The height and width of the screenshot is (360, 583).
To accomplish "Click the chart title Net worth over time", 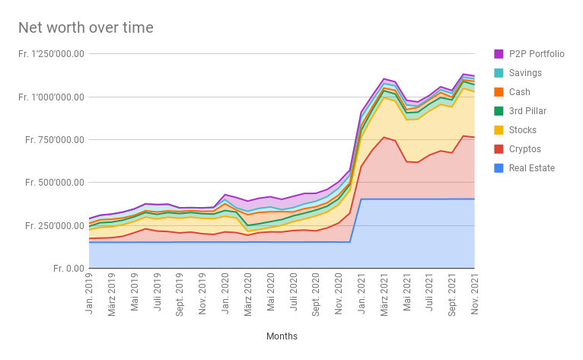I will tap(86, 28).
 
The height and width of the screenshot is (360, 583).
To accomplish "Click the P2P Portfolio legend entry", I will tap(537, 54).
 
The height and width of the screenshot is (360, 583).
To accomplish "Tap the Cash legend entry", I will tap(521, 92).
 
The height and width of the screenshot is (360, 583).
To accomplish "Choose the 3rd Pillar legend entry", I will tap(528, 111).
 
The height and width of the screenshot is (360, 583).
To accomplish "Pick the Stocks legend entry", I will tap(524, 130).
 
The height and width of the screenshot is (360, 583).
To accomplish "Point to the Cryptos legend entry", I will tap(525, 149).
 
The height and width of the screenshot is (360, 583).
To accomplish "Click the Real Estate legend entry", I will tap(531, 168).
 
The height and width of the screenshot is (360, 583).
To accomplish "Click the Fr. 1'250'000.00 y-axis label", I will tap(51, 54).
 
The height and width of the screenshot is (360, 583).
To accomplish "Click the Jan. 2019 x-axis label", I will tap(90, 293).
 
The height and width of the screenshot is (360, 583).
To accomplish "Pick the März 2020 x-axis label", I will tap(248, 295).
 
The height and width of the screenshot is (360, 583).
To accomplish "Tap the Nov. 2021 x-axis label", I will tap(474, 293).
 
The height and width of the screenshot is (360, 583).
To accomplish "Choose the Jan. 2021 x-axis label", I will tap(361, 293).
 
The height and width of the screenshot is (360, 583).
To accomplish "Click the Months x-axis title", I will tap(282, 336).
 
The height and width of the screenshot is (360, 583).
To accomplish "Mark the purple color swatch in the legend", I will tap(499, 54).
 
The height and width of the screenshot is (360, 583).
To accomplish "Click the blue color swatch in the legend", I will tap(499, 168).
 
